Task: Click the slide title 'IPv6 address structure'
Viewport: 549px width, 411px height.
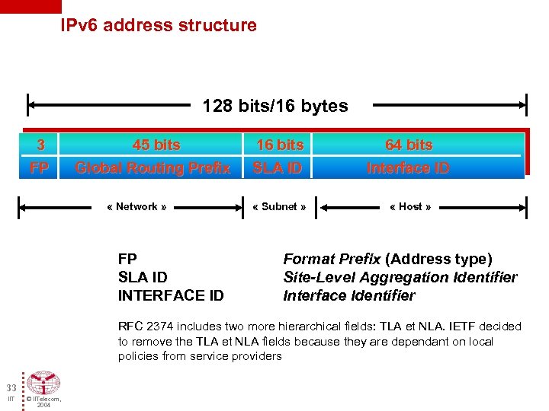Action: pos(159,25)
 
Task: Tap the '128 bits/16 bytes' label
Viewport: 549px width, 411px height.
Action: pos(274,106)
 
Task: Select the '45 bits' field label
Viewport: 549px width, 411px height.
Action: pos(156,145)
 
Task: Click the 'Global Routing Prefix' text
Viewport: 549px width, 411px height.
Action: pos(152,167)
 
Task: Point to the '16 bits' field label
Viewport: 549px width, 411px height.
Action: pos(279,145)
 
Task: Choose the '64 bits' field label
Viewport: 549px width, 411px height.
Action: pos(409,145)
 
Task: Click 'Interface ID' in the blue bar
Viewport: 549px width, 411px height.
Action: pos(408,167)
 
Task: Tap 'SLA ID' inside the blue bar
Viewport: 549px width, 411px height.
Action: pos(278,167)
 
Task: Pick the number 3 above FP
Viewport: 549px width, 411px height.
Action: pos(40,145)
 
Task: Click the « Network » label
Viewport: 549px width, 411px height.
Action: pos(136,206)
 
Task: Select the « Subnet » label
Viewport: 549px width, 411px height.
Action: pos(279,206)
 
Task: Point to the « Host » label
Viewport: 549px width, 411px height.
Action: pos(410,206)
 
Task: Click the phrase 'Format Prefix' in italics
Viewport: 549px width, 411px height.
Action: pos(332,259)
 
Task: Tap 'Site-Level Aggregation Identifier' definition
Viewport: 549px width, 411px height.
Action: pos(400,277)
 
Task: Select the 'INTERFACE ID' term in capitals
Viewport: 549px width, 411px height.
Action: pos(171,295)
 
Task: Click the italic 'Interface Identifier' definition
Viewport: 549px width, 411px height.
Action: pos(349,295)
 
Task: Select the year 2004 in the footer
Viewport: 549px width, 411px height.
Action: pos(43,406)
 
